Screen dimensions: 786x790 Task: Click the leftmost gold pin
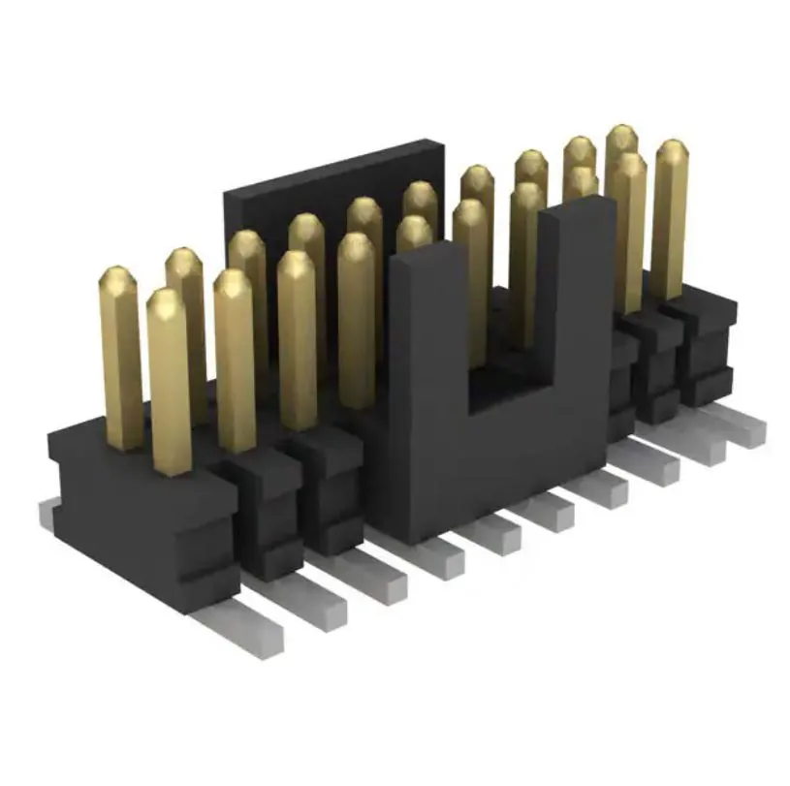(x=121, y=359)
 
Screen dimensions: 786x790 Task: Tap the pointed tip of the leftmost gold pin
(x=117, y=274)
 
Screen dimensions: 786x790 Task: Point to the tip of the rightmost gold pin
(x=672, y=146)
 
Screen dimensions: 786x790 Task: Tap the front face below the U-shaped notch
(x=504, y=465)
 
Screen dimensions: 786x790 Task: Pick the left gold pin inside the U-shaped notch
(x=472, y=281)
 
